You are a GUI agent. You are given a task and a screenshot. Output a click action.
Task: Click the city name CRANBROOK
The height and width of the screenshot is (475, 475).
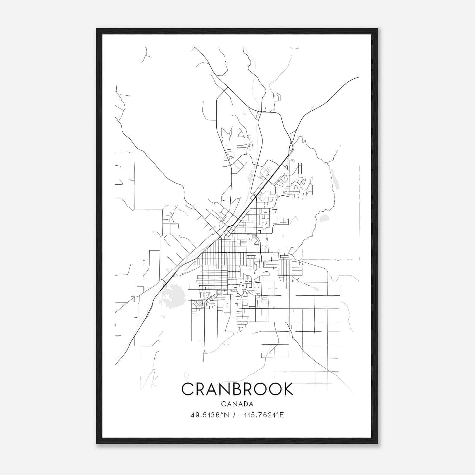pos(237,389)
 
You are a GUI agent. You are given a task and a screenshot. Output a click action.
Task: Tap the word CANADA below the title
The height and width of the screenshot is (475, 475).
pos(237,404)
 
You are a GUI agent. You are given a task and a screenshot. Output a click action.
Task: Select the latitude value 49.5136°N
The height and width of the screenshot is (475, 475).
pos(210,415)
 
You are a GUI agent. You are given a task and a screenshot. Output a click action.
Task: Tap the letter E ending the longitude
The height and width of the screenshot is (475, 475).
pos(282,415)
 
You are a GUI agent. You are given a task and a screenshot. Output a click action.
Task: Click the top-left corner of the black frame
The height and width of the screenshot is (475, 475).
pos(97,29)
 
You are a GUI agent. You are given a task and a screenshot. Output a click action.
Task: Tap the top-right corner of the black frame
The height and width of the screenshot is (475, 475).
pos(377,29)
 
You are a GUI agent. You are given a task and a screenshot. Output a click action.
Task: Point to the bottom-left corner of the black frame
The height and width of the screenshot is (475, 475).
pos(97,443)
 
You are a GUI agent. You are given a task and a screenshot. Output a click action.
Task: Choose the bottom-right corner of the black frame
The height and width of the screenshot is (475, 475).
pos(377,443)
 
